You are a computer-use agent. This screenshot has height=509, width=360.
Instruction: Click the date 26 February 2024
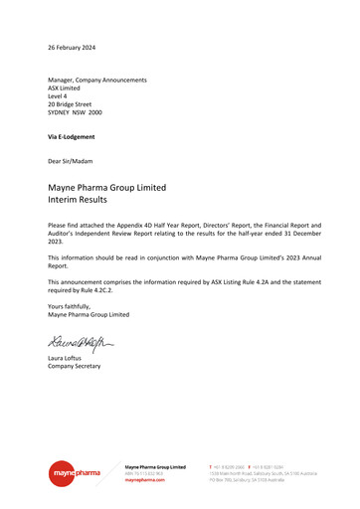click(x=73, y=48)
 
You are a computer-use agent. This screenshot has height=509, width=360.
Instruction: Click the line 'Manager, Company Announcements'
click(x=97, y=80)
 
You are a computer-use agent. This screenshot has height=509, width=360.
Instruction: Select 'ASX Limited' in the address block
click(x=65, y=87)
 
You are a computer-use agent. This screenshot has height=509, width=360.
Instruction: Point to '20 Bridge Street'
click(x=70, y=104)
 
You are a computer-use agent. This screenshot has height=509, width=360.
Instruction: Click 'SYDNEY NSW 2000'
click(x=75, y=113)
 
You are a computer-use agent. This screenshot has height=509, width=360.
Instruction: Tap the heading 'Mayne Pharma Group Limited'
click(x=107, y=187)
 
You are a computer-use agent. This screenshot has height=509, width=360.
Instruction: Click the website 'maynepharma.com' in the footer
click(x=145, y=479)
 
